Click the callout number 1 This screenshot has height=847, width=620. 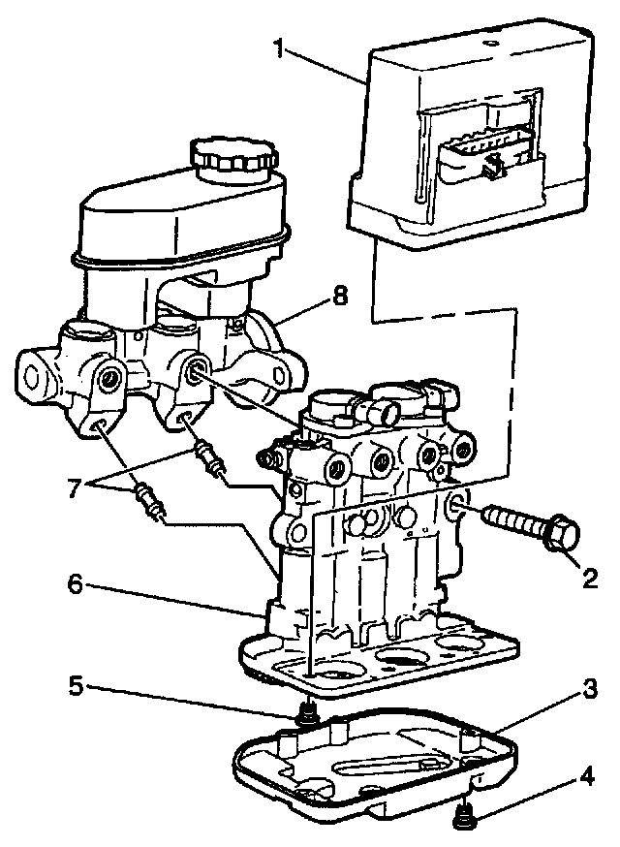coord(280,47)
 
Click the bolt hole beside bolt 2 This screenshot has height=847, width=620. coord(456,504)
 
